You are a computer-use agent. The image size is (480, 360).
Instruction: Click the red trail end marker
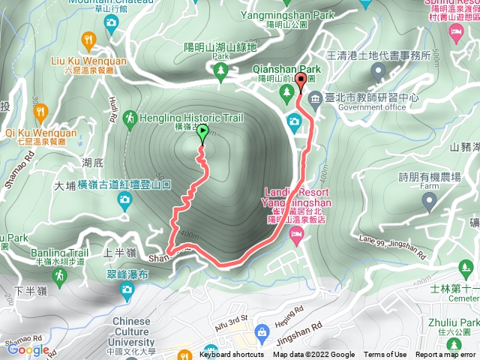point(301,79)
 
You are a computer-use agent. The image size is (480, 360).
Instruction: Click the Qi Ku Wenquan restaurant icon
point(40,113)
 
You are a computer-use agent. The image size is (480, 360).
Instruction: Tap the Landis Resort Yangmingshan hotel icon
point(295,235)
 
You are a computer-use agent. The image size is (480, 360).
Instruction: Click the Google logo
point(28,349)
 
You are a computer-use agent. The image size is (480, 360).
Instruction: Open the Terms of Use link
point(385,355)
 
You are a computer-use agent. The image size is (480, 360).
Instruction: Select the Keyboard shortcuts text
point(232,355)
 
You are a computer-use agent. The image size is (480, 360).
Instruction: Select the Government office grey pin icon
point(376,70)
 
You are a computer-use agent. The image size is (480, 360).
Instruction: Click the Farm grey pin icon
point(429,201)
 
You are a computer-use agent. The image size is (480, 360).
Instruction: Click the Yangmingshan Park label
point(293,13)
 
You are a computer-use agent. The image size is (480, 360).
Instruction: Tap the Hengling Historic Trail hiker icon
point(130,118)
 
